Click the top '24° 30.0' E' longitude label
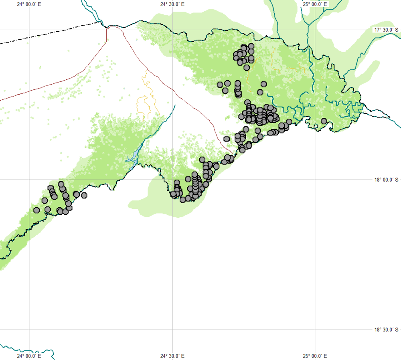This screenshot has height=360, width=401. pyautogui.click(x=172, y=4)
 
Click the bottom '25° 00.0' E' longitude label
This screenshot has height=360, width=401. pyautogui.click(x=315, y=356)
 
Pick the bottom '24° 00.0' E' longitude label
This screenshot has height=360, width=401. pyautogui.click(x=29, y=356)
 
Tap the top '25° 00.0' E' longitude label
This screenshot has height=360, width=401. pyautogui.click(x=315, y=4)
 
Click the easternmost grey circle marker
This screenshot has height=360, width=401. pyautogui.click(x=324, y=121)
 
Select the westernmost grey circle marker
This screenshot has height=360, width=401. pyautogui.click(x=36, y=210)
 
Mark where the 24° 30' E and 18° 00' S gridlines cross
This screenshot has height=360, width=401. pyautogui.click(x=172, y=180)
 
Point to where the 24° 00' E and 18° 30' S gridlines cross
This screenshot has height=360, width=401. pyautogui.click(x=29, y=330)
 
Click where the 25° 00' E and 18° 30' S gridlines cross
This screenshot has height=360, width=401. pyautogui.click(x=315, y=330)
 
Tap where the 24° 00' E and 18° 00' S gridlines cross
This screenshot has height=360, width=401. pyautogui.click(x=29, y=180)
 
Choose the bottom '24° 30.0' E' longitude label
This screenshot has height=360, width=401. pyautogui.click(x=172, y=356)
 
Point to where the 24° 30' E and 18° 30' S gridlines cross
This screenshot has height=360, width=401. pyautogui.click(x=172, y=330)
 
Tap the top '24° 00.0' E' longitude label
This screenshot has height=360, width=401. pyautogui.click(x=29, y=4)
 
